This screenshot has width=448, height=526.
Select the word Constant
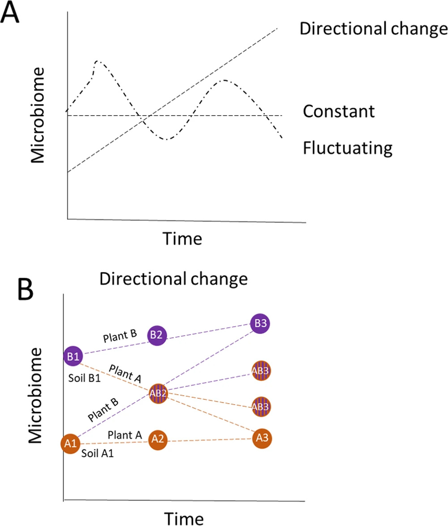pos(339,111)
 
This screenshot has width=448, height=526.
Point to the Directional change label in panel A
pos(373,29)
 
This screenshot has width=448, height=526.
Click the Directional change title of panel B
pos(173,279)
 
